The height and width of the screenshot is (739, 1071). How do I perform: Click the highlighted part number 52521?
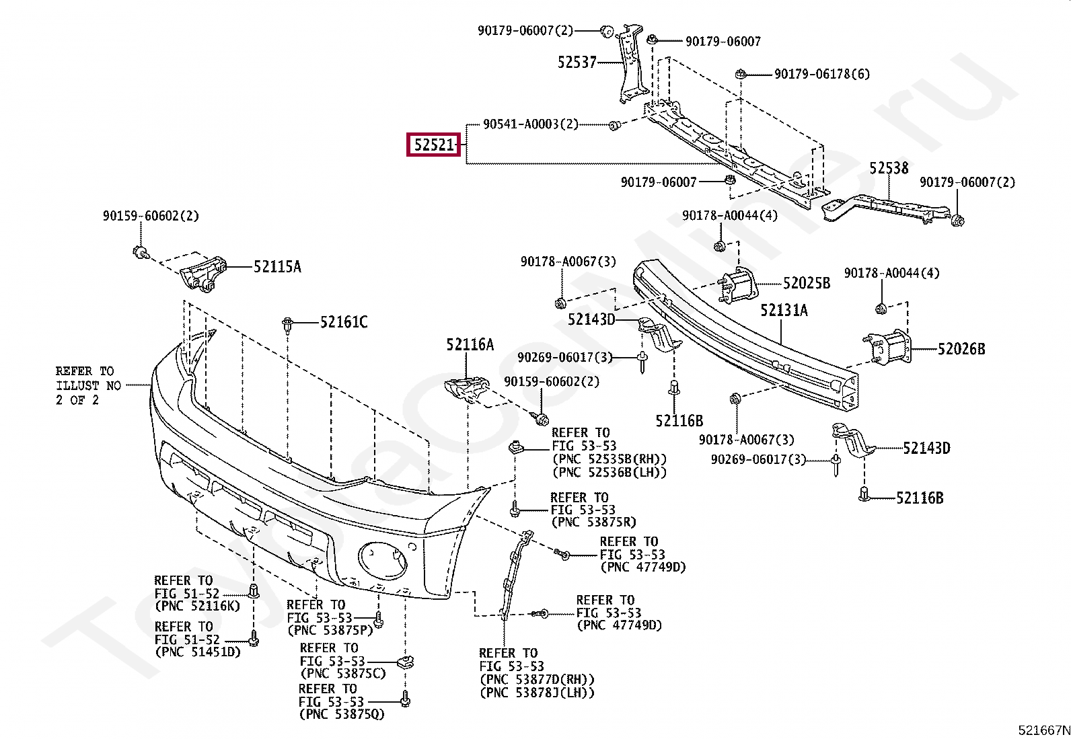(x=434, y=145)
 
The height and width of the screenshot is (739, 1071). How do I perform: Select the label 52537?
(x=577, y=63)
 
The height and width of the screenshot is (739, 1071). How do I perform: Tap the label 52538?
(x=888, y=167)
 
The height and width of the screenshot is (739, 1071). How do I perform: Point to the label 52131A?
(x=784, y=311)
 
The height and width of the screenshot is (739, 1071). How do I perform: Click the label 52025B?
(x=806, y=283)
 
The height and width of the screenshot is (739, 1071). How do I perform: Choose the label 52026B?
(x=961, y=348)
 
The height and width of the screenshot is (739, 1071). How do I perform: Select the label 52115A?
(x=277, y=267)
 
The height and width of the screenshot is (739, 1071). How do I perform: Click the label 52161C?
(x=343, y=323)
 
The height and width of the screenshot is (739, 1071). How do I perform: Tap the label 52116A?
(x=470, y=345)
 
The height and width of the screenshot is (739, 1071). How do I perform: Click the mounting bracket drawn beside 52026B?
(x=888, y=347)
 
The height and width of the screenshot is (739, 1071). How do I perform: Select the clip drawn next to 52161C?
(x=287, y=325)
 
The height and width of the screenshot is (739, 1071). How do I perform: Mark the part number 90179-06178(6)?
(x=821, y=74)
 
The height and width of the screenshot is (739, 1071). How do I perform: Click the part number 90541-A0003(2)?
(x=530, y=124)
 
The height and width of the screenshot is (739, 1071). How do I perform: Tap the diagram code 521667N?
(x=1043, y=729)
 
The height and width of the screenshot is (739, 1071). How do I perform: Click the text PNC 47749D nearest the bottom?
(x=619, y=625)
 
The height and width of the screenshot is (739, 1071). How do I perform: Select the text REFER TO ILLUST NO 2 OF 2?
(x=87, y=385)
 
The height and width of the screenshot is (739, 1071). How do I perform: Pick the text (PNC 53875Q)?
(x=342, y=714)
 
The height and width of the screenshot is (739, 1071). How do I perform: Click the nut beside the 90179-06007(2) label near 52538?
(x=959, y=219)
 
